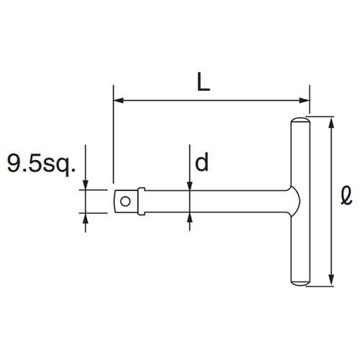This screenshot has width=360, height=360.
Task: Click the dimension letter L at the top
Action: click(203, 81)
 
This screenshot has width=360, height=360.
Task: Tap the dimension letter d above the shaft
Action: click(202, 162)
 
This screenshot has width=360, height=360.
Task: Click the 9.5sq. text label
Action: click(41, 163)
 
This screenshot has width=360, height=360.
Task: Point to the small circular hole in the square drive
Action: click(125, 202)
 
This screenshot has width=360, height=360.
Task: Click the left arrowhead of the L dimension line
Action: click(118, 100)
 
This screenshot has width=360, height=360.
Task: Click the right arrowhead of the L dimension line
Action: click(305, 100)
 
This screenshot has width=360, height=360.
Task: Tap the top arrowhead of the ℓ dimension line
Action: click(331, 122)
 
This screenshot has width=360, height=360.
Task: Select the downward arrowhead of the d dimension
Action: click(190, 185)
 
